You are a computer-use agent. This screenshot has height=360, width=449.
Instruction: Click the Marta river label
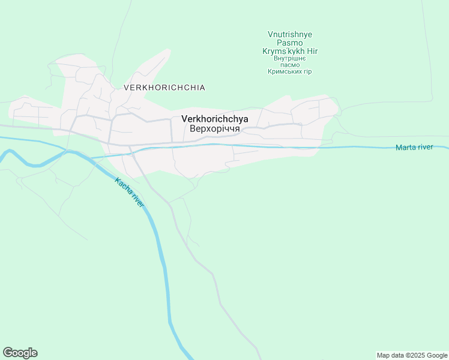[x=414, y=148]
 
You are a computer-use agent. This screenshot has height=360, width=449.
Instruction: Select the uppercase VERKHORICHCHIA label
[x=164, y=88]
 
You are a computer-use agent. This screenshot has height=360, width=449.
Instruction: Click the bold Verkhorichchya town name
[x=214, y=119]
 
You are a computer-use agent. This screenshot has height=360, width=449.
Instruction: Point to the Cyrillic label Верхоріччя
[x=214, y=128]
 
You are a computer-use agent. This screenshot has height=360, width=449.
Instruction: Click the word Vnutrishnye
[x=290, y=35]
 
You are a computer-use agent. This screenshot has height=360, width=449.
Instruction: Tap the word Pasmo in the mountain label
[x=290, y=43]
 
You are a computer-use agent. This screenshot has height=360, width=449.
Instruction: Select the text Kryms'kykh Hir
[x=290, y=52]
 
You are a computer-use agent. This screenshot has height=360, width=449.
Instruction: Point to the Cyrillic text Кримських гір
[x=290, y=72]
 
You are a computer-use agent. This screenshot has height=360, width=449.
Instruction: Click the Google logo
[x=20, y=353]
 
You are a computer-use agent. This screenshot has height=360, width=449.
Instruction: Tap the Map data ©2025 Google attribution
[x=412, y=355]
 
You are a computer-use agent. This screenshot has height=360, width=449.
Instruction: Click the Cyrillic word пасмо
[x=290, y=65]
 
